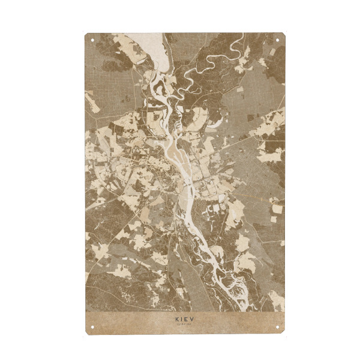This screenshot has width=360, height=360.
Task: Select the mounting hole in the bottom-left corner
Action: point(92,327)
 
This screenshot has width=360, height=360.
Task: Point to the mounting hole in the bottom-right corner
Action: point(278,327)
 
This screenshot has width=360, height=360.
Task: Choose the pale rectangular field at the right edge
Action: point(277,209)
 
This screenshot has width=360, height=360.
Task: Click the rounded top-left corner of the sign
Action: point(87,35)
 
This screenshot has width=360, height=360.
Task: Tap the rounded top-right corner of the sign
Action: point(284,35)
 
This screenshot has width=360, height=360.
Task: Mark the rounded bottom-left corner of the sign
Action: point(87,332)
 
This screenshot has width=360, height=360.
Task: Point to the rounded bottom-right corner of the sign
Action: point(284,332)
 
